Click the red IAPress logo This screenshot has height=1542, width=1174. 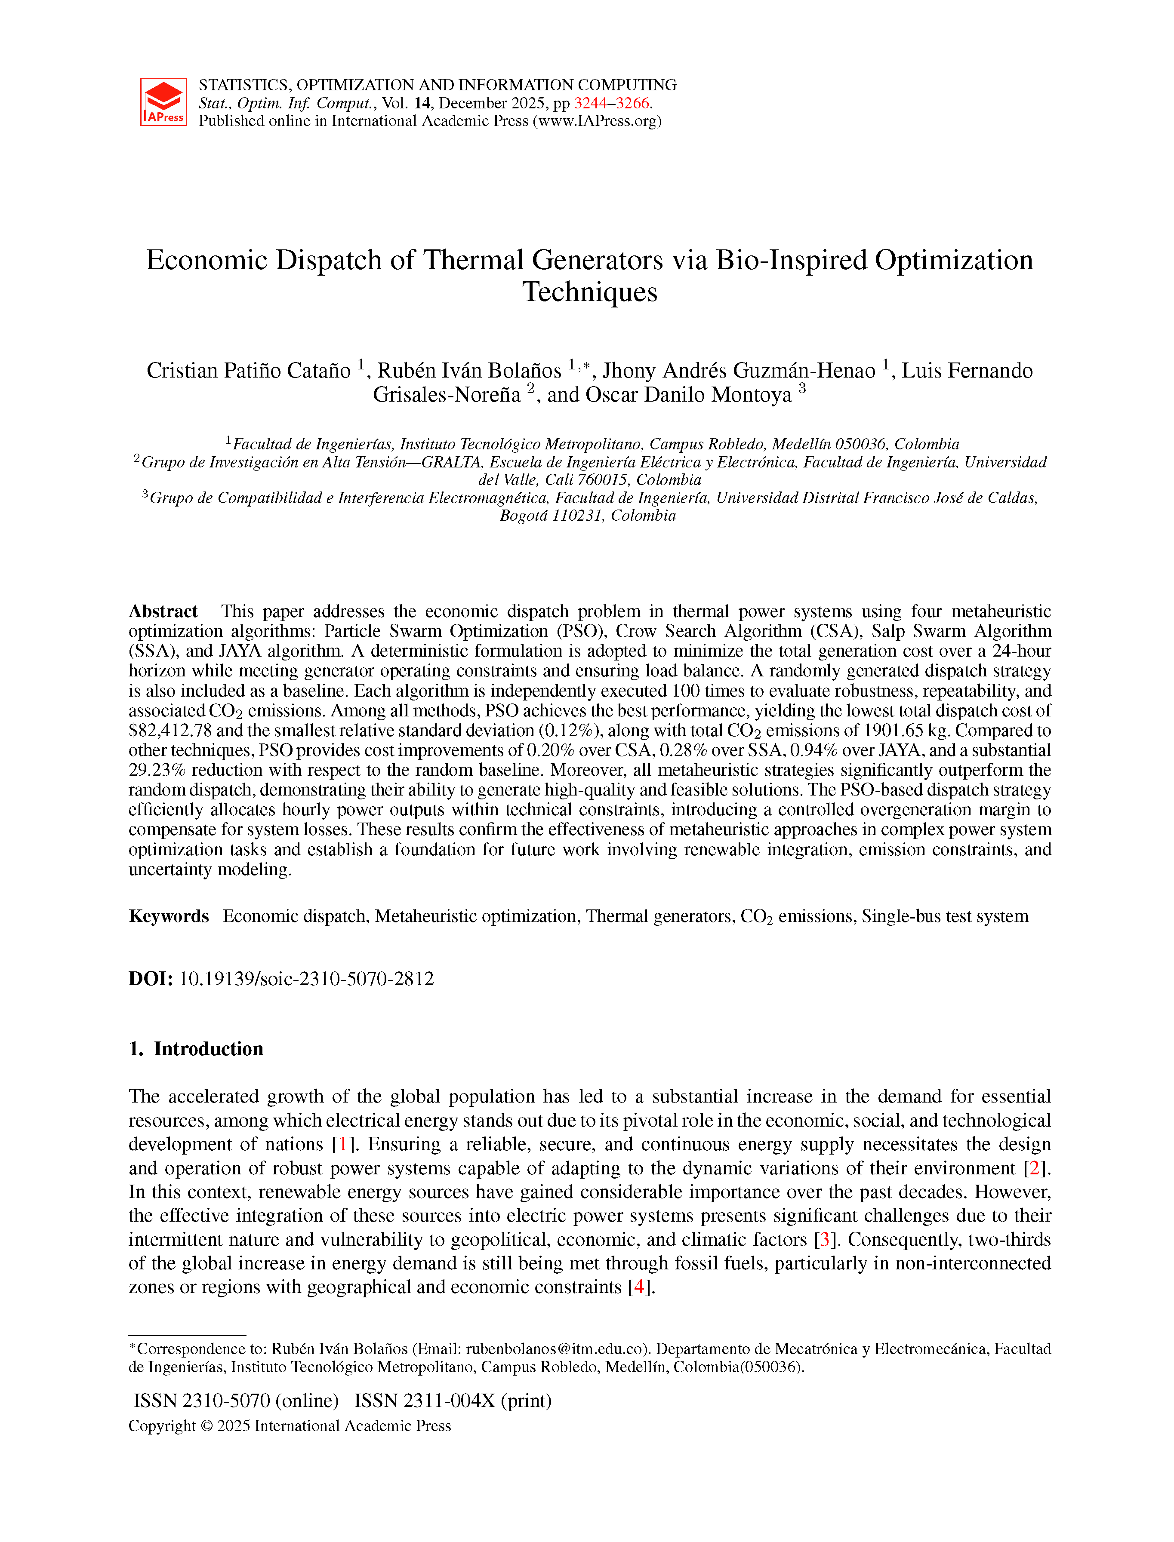163,102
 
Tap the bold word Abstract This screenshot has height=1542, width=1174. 163,612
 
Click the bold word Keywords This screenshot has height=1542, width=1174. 168,916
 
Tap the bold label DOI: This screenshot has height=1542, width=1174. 150,979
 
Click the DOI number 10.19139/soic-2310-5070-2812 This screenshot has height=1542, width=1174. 306,979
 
